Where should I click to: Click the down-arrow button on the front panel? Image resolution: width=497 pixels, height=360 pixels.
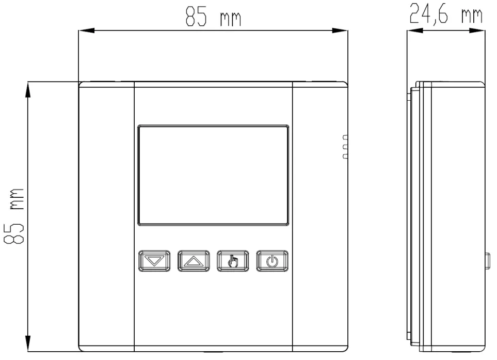[x=154, y=261]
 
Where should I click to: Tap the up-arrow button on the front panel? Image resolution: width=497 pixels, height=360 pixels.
[x=194, y=261]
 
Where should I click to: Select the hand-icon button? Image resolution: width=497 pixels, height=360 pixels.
[x=233, y=261]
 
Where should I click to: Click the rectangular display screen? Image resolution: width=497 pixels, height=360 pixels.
[x=213, y=175]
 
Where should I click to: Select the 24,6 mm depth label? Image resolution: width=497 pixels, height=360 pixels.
[x=445, y=15]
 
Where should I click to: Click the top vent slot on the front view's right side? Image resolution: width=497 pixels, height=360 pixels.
[x=345, y=137]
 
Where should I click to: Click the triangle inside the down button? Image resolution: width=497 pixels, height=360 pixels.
[x=154, y=261]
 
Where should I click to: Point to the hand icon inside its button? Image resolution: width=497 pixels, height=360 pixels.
[x=233, y=261]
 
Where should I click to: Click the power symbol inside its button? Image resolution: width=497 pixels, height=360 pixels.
[x=272, y=261]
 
